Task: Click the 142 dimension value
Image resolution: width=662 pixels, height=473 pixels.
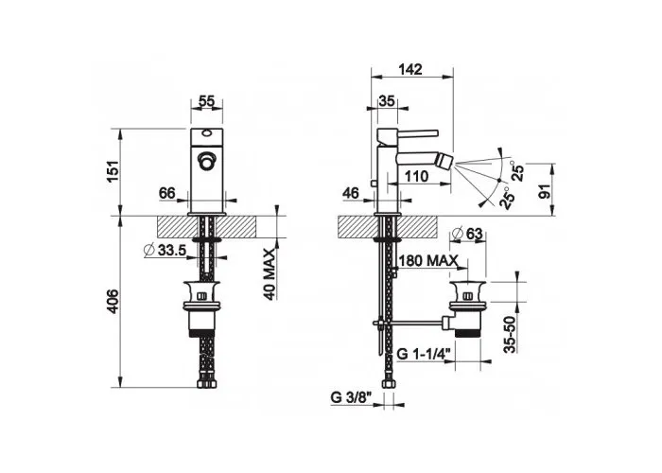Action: pyautogui.click(x=409, y=69)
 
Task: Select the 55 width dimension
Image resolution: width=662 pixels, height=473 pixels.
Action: pyautogui.click(x=207, y=100)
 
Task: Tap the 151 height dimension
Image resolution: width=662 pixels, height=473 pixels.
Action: pyautogui.click(x=114, y=172)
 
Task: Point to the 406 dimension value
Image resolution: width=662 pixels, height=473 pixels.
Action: pyautogui.click(x=113, y=302)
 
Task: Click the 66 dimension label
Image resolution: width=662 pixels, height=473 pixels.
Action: pyautogui.click(x=167, y=193)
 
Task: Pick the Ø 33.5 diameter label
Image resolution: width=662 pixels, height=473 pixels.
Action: pyautogui.click(x=165, y=250)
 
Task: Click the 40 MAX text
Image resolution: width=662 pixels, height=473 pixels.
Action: pyautogui.click(x=270, y=274)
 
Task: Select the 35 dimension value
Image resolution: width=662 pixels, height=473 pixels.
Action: pyautogui.click(x=386, y=101)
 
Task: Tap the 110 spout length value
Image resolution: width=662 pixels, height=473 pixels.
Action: pyautogui.click(x=417, y=176)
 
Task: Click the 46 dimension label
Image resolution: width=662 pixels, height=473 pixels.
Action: pyautogui.click(x=351, y=193)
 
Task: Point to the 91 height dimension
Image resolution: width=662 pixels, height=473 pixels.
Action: pyautogui.click(x=546, y=191)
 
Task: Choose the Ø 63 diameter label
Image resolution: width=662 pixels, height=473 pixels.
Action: pyautogui.click(x=467, y=234)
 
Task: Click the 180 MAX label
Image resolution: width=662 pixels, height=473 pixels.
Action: pyautogui.click(x=428, y=260)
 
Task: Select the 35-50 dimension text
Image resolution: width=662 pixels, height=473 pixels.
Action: pyautogui.click(x=510, y=335)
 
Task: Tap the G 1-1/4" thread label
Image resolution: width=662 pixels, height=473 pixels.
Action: pyautogui.click(x=426, y=354)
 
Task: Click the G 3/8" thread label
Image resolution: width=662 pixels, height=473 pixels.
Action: pyautogui.click(x=351, y=397)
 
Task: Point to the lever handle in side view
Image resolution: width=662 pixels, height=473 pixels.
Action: pyautogui.click(x=409, y=133)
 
